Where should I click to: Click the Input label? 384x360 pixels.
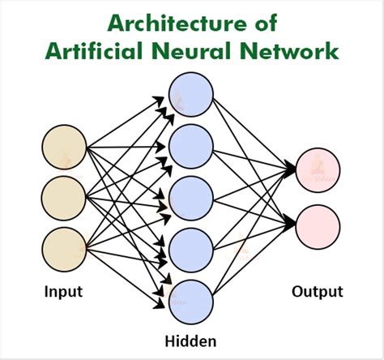coord(63,291)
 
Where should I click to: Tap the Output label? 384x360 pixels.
coord(318,291)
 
